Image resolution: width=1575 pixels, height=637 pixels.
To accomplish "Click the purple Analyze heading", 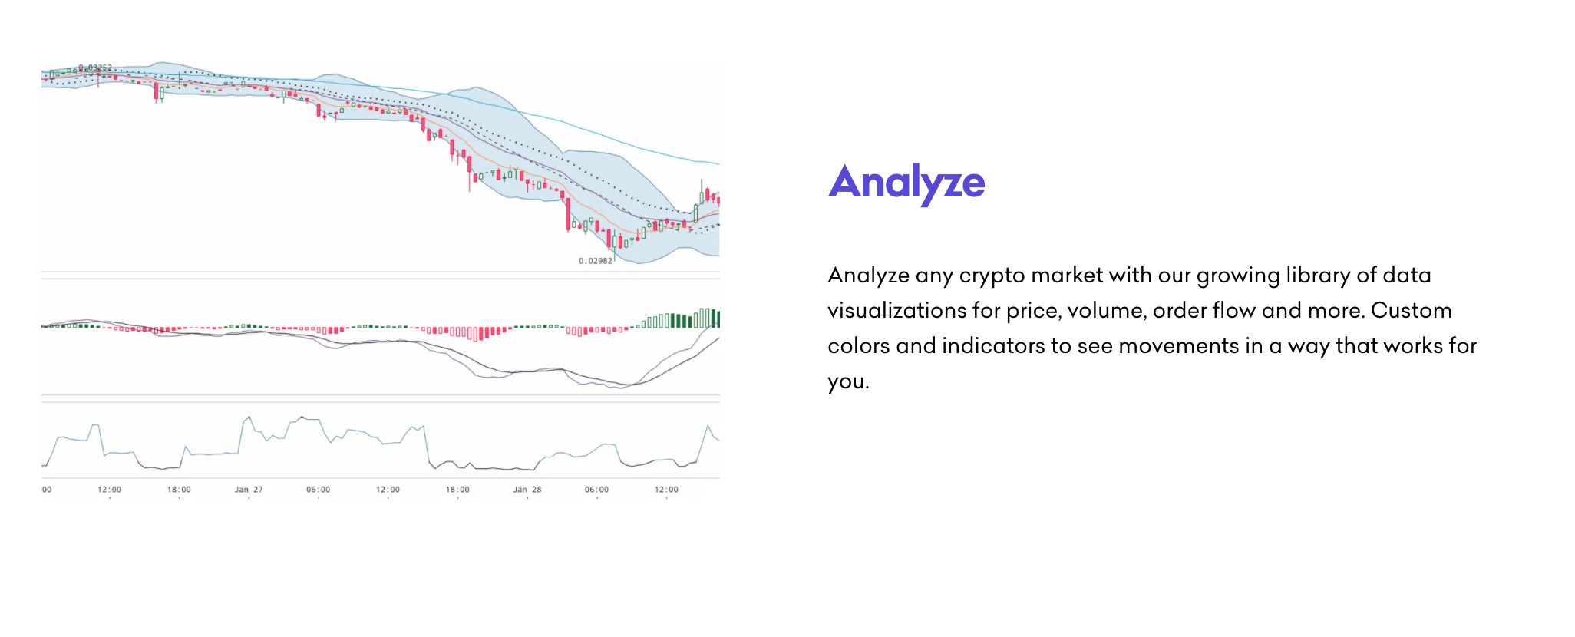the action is point(906,183).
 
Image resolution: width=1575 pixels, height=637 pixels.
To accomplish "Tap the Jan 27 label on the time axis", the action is point(249,490).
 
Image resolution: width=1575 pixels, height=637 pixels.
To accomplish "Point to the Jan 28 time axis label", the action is point(527,490).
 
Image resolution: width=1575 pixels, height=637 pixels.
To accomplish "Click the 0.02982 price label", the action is point(596,261).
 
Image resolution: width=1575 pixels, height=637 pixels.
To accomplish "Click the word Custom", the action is point(1412,310).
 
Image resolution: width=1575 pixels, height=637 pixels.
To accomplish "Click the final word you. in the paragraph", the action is point(848,382).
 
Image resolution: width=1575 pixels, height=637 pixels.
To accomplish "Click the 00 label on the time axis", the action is point(47,490).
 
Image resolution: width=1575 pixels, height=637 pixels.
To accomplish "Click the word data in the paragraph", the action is point(1407,275).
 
